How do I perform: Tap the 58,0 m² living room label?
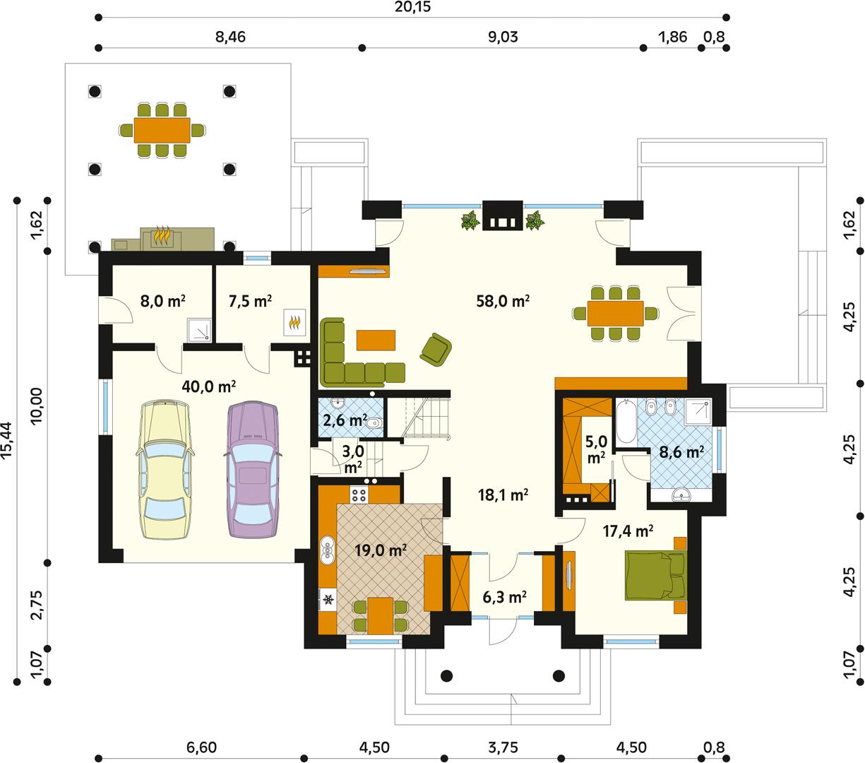(503, 302)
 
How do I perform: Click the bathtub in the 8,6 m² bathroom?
(625, 422)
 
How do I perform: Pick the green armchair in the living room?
(436, 350)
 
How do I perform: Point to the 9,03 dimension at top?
(503, 37)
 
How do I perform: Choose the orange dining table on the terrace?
(162, 129)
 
